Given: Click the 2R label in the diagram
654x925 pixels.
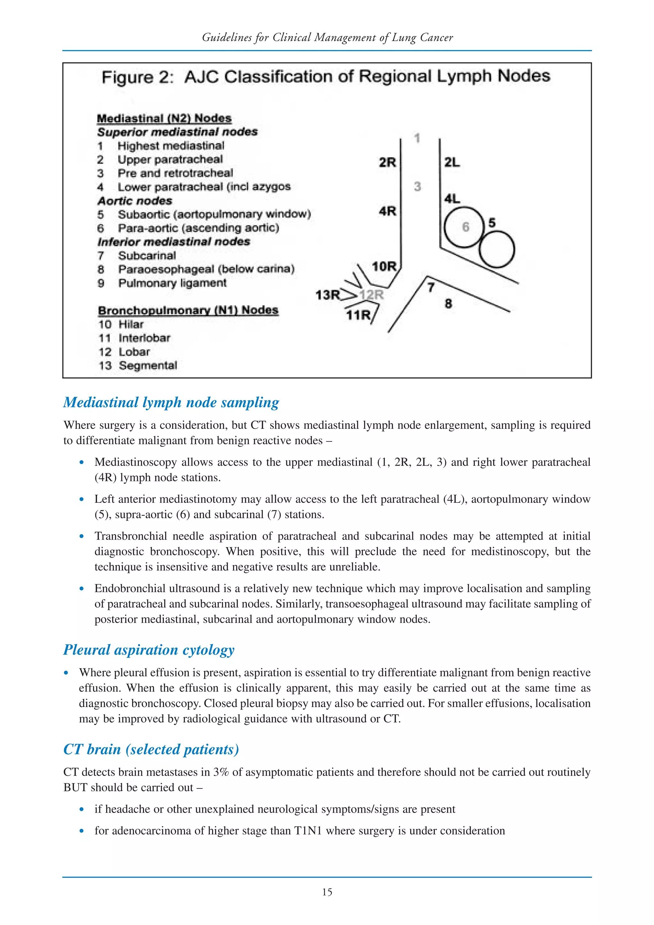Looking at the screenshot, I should (x=387, y=162).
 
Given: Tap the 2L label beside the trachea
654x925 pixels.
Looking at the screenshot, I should (x=452, y=162).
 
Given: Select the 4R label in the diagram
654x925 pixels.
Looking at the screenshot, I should (x=387, y=211).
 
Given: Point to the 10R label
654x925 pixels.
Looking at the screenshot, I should (x=384, y=266).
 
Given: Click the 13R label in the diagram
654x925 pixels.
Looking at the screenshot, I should (x=327, y=295).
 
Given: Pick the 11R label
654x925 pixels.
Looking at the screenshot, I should (x=358, y=315).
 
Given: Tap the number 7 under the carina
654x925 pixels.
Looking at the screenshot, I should (x=431, y=288).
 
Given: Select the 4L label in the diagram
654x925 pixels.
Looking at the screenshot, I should (x=452, y=199).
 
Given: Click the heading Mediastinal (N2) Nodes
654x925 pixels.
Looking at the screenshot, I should (x=164, y=118).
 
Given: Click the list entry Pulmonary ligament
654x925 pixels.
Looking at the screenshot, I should (x=172, y=283).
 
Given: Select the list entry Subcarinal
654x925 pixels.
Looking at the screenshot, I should (x=147, y=256).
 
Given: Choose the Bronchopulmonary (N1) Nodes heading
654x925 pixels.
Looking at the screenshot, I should (x=188, y=310).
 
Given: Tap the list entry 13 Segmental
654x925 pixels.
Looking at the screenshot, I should (x=138, y=365).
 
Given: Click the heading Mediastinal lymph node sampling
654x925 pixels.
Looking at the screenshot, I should (x=171, y=402).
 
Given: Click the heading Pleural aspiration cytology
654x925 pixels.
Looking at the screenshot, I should (x=149, y=650).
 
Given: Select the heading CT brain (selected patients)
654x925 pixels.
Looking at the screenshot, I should (x=151, y=749).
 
